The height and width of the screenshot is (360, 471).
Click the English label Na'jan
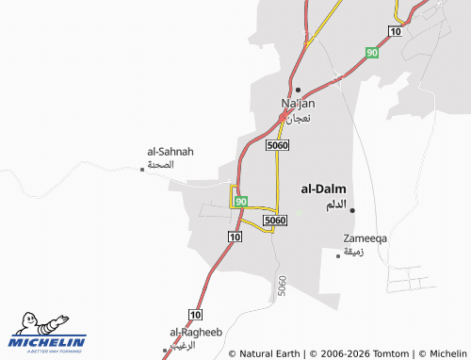click(x=298, y=104)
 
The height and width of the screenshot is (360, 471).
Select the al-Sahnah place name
click(x=171, y=151)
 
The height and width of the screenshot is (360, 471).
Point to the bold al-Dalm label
click(x=323, y=188)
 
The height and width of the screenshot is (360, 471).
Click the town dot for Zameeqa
click(x=339, y=254)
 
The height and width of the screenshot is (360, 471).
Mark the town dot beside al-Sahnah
click(x=142, y=169)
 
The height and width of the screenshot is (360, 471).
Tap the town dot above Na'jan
click(x=298, y=90)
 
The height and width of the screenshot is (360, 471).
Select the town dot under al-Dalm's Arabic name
click(x=352, y=209)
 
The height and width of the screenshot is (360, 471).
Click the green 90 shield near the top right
click(x=373, y=52)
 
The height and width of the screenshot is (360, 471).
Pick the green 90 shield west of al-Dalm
click(x=242, y=202)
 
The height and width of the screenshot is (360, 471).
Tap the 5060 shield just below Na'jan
click(x=277, y=146)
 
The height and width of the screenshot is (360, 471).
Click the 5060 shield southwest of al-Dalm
click(x=274, y=221)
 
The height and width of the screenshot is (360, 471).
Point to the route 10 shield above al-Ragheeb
click(x=195, y=313)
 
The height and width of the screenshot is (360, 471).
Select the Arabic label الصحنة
click(x=162, y=165)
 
